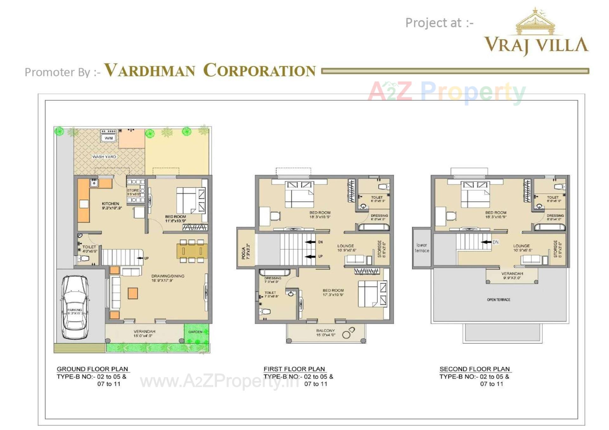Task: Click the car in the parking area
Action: [x=75, y=307]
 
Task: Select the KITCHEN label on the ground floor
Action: [x=110, y=203]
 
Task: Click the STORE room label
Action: [x=133, y=190]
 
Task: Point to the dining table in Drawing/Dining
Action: [x=192, y=251]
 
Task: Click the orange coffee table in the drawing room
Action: [x=133, y=293]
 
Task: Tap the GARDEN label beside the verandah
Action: [x=195, y=332]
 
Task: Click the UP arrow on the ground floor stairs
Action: [x=140, y=258]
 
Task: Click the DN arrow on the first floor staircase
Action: [x=310, y=242]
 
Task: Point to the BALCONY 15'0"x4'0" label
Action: [x=325, y=332]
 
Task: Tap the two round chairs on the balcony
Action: [x=348, y=333]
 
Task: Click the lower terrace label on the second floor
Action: [x=422, y=248]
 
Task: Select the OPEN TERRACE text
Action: [x=499, y=299]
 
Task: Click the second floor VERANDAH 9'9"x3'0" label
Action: [x=512, y=275]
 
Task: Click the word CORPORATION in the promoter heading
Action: [x=259, y=70]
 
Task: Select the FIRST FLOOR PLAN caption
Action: [x=294, y=369]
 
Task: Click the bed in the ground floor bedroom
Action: [x=190, y=200]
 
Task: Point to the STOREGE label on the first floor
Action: [x=379, y=248]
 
